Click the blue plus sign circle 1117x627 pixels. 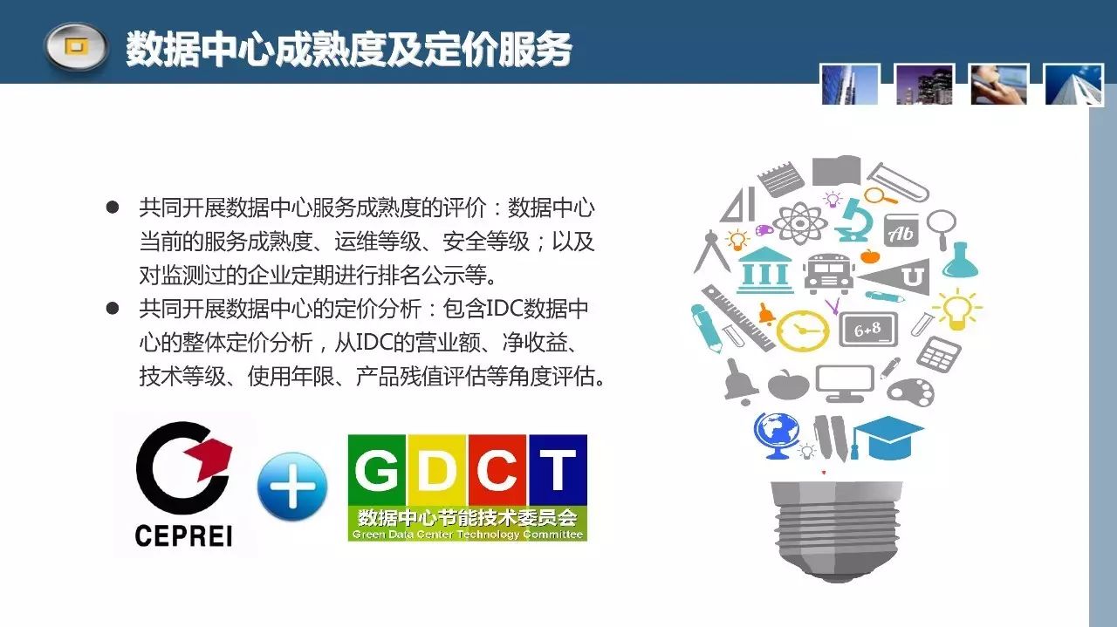coord(292,487)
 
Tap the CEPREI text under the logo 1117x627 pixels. coord(183,536)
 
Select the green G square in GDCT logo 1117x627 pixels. coord(377,470)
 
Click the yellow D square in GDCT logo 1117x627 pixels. coord(437,470)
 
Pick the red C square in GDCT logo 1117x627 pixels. coord(497,470)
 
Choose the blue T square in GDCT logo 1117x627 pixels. coord(558,470)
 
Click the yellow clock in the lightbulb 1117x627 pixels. coord(802,331)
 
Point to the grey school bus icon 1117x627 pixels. coord(828,274)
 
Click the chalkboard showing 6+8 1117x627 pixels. coord(868,329)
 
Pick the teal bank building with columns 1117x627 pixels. coord(764,269)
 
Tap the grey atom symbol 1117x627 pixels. coord(800,222)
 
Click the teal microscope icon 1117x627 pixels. coord(857,220)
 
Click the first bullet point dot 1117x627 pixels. coord(113,208)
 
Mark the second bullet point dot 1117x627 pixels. coord(113,309)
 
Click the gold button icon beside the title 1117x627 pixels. coord(76,47)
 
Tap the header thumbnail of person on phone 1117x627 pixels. coord(999,85)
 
